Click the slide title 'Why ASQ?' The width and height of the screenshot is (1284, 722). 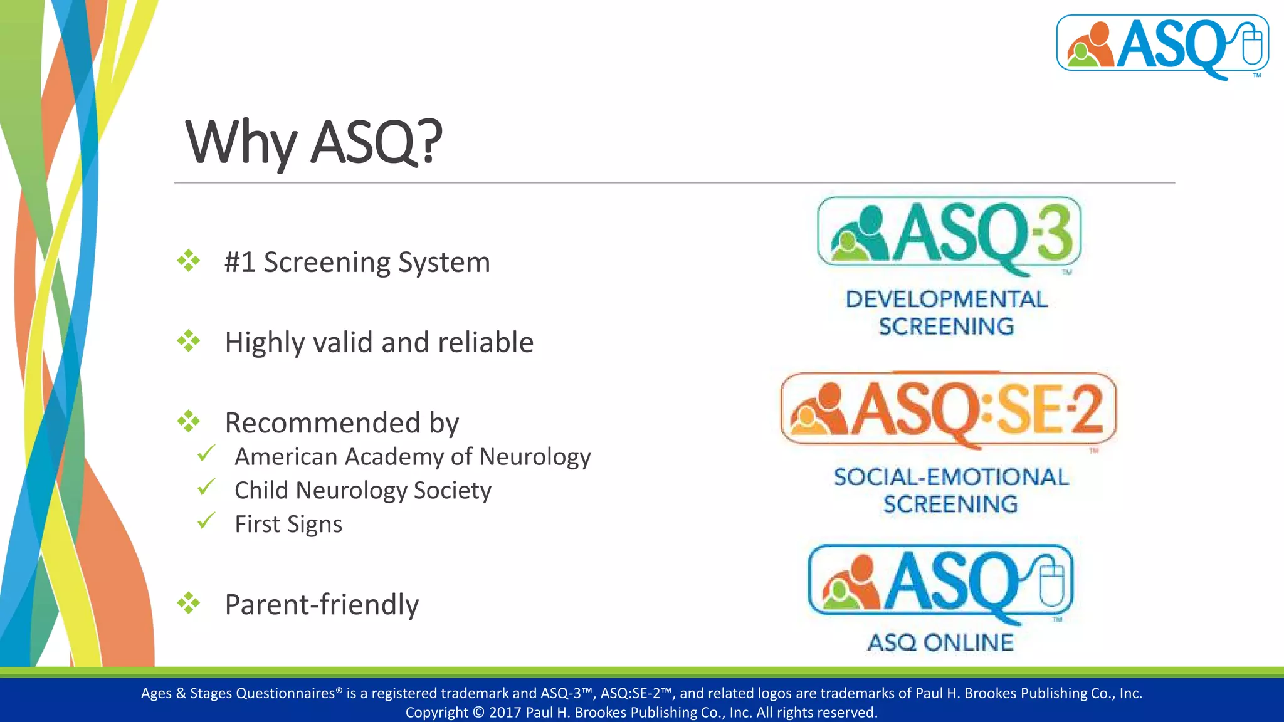click(313, 142)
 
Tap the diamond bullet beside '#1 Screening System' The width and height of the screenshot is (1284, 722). click(188, 261)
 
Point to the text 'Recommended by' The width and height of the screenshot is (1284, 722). click(342, 422)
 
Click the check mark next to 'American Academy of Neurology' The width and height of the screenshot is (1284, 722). click(206, 453)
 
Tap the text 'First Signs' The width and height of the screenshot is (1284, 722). click(288, 524)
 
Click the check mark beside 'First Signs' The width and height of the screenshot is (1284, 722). click(206, 520)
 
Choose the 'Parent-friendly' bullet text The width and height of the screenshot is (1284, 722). click(322, 604)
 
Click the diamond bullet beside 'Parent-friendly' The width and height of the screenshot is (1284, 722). click(188, 603)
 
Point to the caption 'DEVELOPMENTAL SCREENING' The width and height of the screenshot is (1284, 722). click(946, 312)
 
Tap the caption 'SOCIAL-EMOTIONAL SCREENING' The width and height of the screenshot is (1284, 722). click(950, 490)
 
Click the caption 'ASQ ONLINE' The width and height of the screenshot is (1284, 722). click(940, 642)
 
